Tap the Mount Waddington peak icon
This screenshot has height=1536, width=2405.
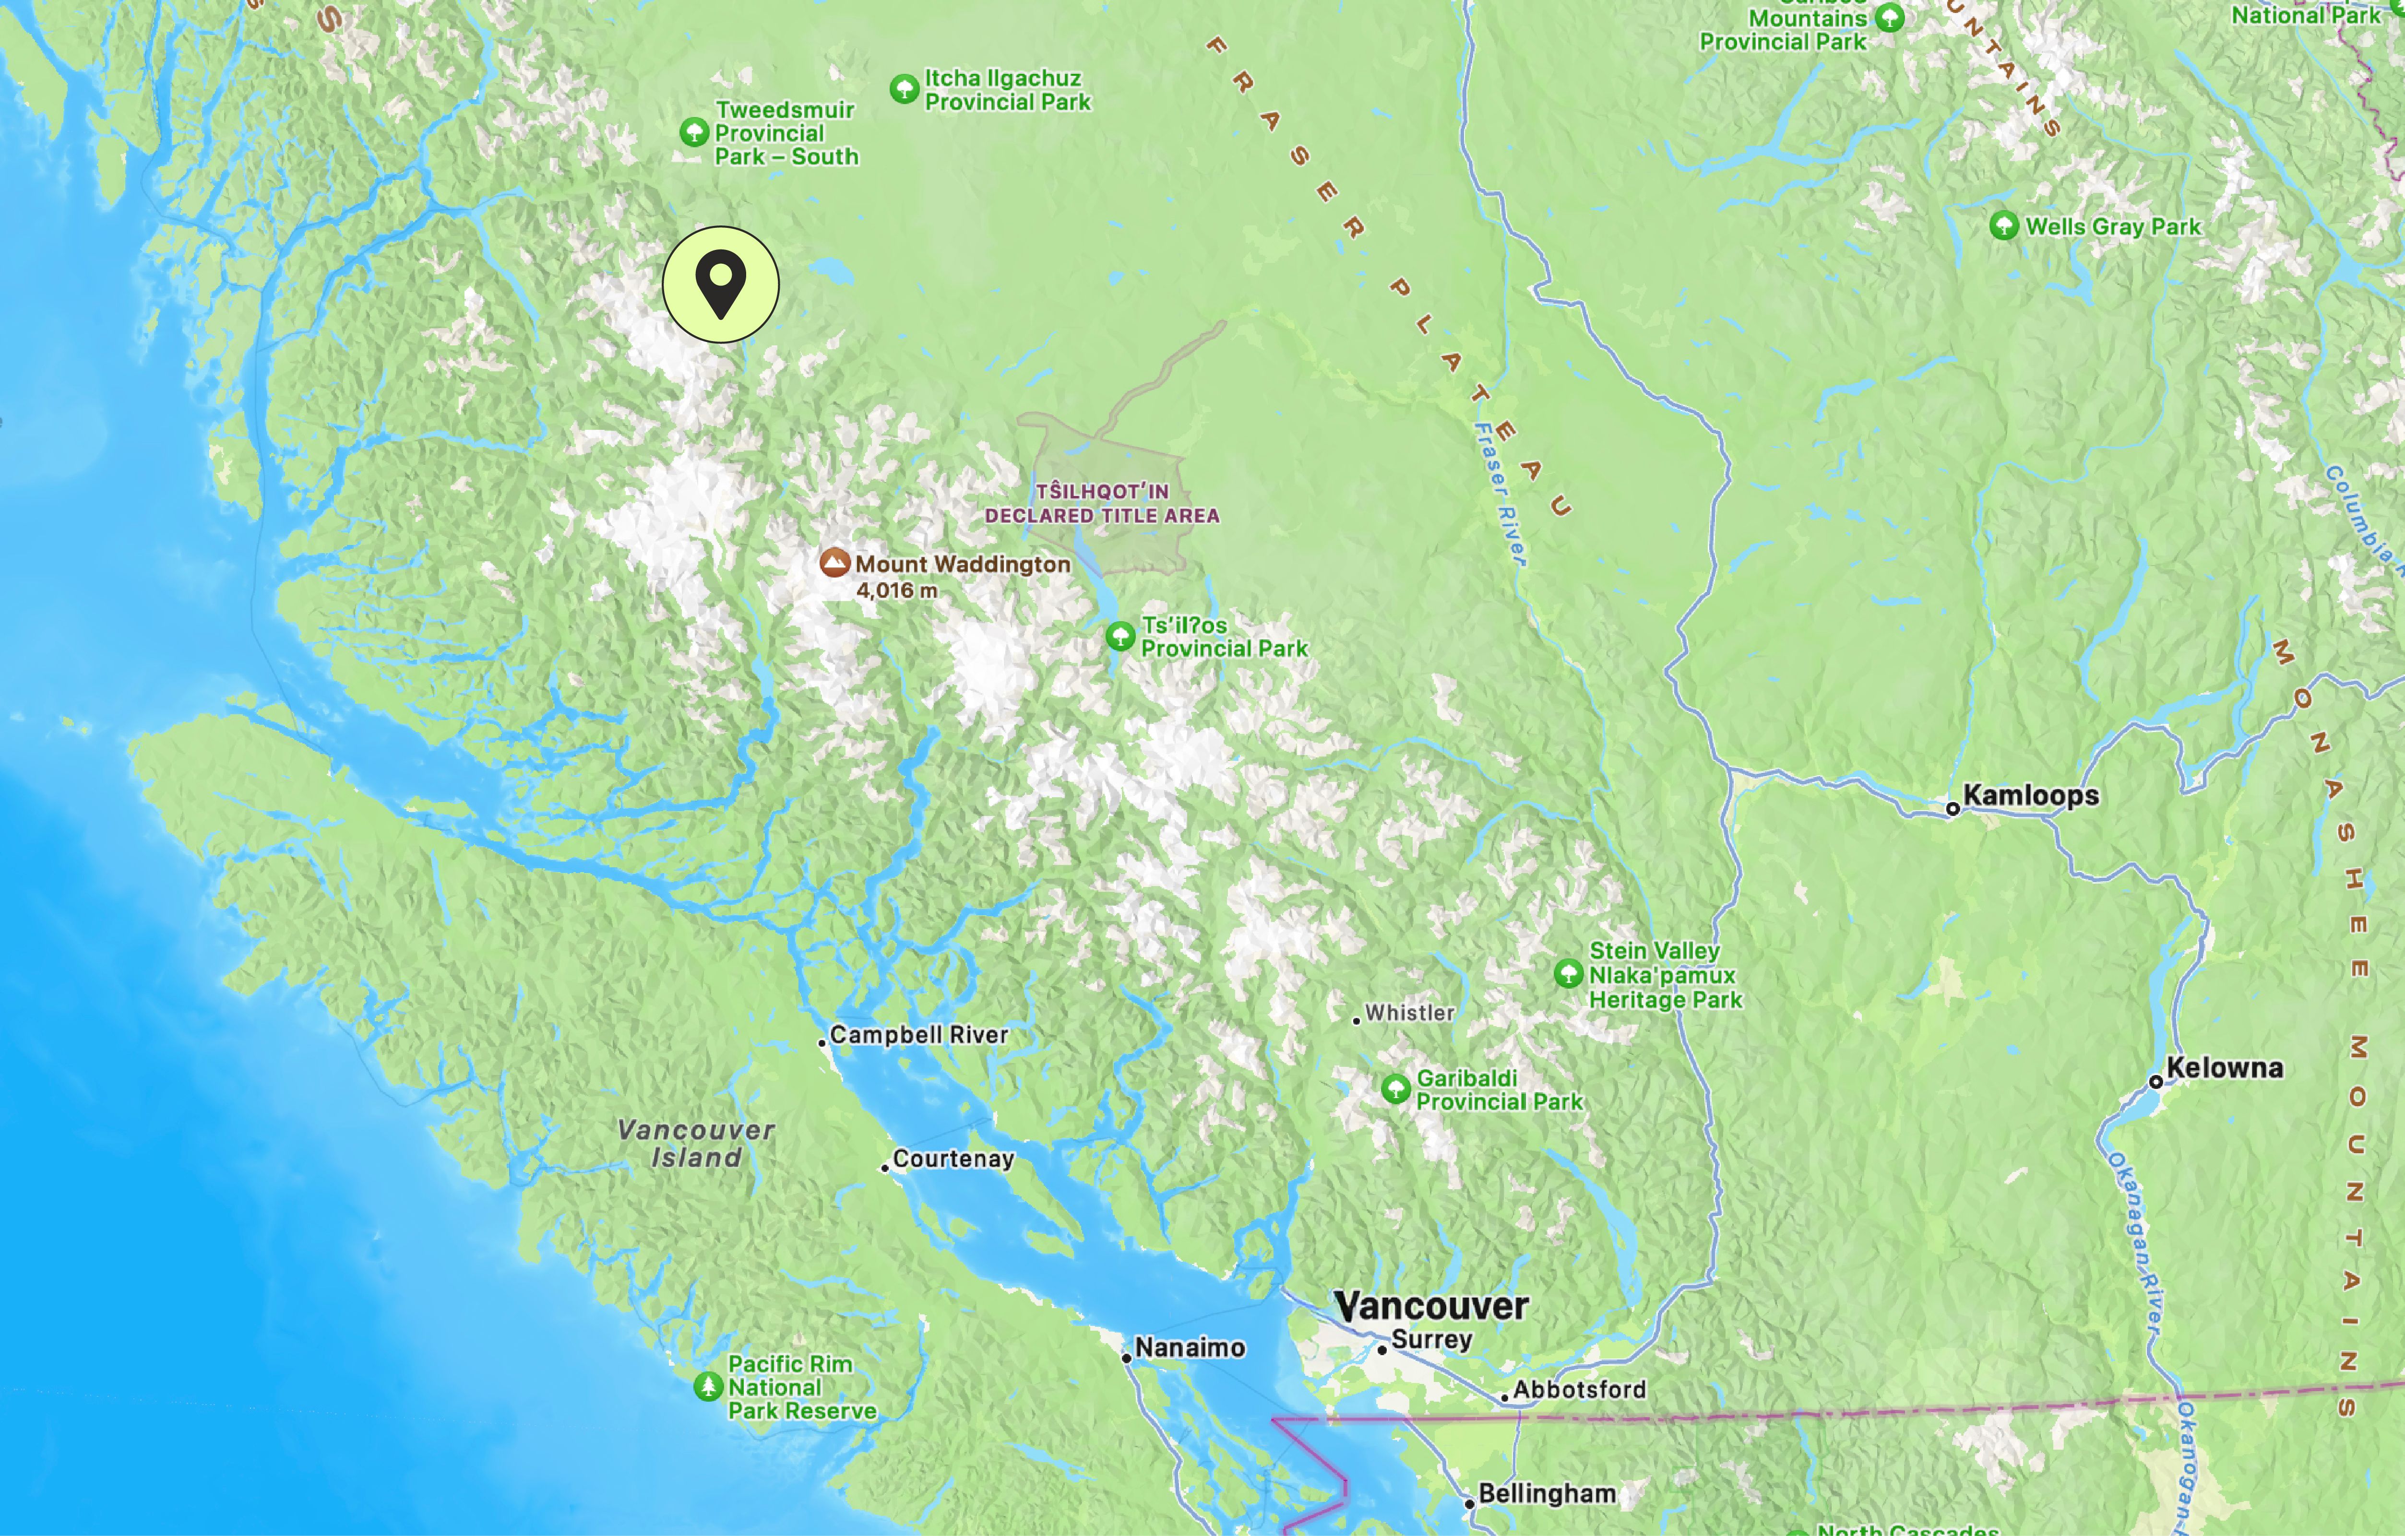[x=834, y=563]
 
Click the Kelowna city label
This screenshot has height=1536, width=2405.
[x=2224, y=1068]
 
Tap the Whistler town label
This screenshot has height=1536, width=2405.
[x=1409, y=1013]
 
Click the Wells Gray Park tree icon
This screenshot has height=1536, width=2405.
[x=2003, y=226]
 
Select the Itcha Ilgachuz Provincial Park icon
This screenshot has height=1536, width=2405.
[x=904, y=89]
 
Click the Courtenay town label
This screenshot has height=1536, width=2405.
[x=953, y=1158]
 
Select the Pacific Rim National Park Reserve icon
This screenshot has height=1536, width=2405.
[x=708, y=1386]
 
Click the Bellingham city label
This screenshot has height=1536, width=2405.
[x=1546, y=1494]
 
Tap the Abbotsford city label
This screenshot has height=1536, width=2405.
[x=1579, y=1389]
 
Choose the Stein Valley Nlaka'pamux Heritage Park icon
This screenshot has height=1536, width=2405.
[x=1568, y=974]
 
